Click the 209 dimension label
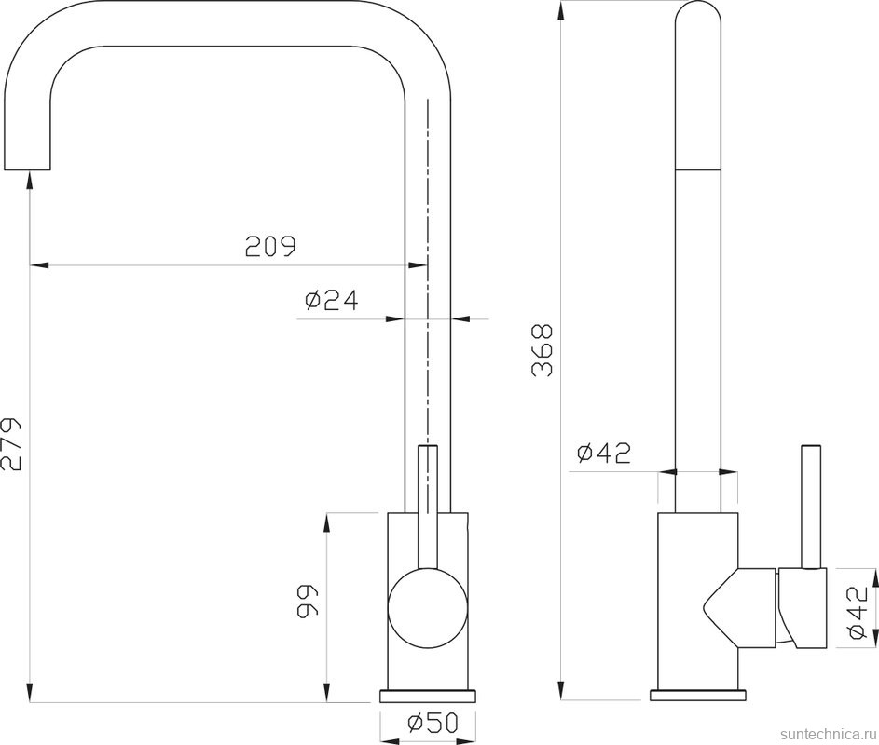[x=270, y=246]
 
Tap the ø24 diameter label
[x=331, y=301]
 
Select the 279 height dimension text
[x=10, y=443]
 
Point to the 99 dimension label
[x=307, y=602]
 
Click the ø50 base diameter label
[x=433, y=724]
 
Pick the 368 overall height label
[x=543, y=350]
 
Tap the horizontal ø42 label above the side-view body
[x=604, y=454]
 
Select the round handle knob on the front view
[x=428, y=608]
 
